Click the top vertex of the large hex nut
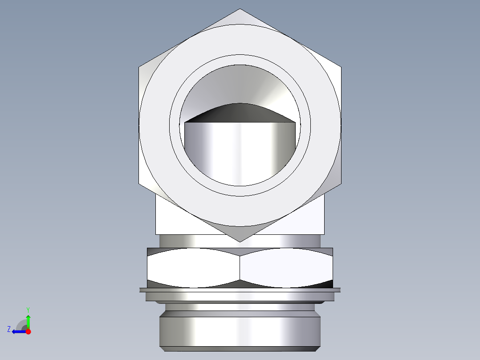(x=240, y=9)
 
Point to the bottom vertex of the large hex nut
(x=240, y=241)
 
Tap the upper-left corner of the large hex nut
(x=139, y=68)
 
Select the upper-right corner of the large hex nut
(x=341, y=68)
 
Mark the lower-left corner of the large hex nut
(x=139, y=184)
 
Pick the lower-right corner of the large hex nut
(x=341, y=184)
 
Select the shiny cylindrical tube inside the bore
(x=240, y=151)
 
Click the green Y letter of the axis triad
(x=28, y=309)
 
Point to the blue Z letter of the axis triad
(x=9, y=329)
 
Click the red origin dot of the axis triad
(x=28, y=331)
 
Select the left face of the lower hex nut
(x=193, y=267)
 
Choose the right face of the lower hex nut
(x=286, y=267)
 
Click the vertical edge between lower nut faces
(x=240, y=267)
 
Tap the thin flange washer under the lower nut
(x=240, y=290)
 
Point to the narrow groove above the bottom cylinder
(x=240, y=307)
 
